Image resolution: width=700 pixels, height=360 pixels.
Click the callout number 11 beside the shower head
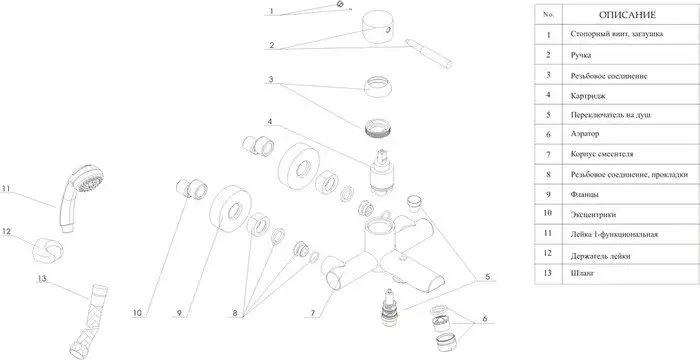point(5,188)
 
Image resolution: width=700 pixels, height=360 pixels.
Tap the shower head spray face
point(90,179)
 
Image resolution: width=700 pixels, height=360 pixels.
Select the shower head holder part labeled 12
point(48,249)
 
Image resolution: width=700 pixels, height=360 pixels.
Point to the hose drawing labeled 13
point(89,319)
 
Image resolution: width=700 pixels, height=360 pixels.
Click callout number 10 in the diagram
point(137,313)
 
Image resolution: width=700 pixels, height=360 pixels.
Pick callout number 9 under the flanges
point(179,313)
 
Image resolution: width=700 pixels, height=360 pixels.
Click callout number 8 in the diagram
point(235,313)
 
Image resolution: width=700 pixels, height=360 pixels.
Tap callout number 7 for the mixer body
point(312,313)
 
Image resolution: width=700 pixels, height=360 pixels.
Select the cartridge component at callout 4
point(381,173)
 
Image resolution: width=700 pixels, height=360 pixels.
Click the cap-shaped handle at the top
point(377,27)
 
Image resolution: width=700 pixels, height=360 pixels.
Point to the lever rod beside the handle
point(429,54)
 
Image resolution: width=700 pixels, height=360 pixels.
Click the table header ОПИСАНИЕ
point(627,15)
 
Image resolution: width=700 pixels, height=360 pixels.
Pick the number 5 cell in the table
point(548,114)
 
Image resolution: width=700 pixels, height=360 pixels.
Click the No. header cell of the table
point(548,14)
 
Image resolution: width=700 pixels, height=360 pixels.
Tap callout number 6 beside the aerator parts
point(485,319)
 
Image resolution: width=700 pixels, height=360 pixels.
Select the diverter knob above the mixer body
point(415,202)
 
